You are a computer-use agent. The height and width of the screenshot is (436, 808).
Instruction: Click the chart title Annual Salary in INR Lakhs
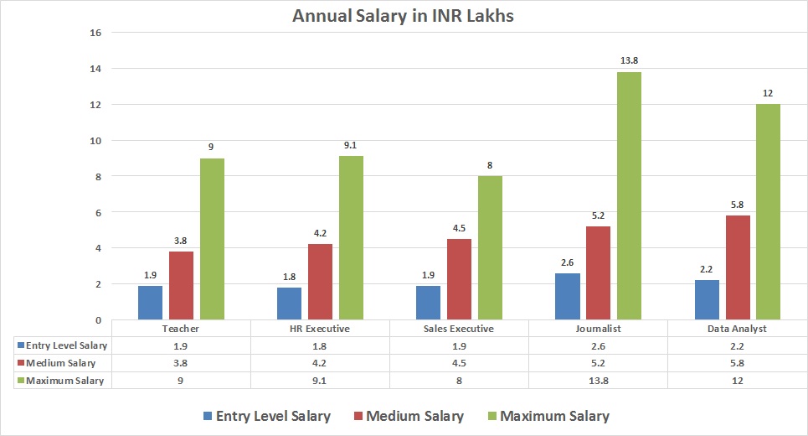coord(403,17)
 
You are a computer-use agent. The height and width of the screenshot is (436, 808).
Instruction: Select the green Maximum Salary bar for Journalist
coord(629,196)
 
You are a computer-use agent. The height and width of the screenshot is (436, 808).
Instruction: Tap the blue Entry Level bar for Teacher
coord(150,303)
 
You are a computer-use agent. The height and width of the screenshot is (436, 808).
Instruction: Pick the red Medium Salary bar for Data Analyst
coord(737,267)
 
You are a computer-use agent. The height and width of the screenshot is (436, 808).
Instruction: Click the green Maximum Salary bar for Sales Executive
coord(490,248)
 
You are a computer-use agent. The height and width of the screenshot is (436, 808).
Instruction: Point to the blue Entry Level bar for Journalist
coord(567,297)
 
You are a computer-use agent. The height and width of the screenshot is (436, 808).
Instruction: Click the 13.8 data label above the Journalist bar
coord(629,61)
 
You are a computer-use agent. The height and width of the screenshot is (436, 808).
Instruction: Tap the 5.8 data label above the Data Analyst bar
coord(737,205)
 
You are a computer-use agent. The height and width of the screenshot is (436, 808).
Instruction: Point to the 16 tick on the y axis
coord(95,33)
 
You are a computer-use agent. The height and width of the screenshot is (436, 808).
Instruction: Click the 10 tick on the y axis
coord(95,141)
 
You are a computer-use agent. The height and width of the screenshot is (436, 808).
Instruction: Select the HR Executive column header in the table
coord(320,329)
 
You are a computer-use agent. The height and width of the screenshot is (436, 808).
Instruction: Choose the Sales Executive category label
coord(459,329)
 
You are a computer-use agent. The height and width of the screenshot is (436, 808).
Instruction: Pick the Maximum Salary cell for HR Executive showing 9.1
coord(320,380)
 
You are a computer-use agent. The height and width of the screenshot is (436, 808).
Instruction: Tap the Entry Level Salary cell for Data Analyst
coord(737,345)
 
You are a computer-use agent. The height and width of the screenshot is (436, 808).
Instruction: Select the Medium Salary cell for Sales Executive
coord(459,363)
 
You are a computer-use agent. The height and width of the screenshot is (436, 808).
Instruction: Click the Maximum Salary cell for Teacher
coord(181,380)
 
